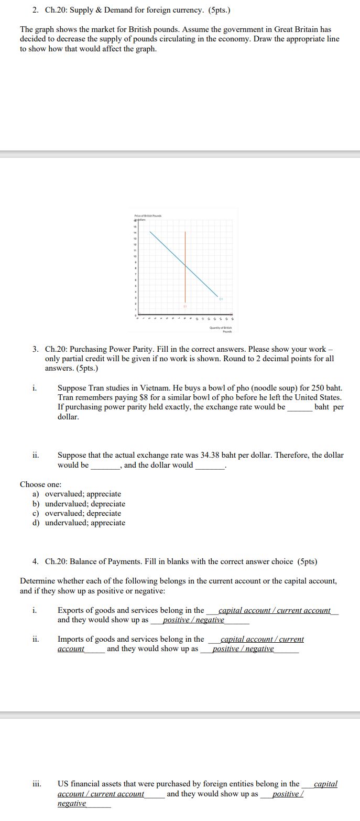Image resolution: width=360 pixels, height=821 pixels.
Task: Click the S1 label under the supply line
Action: (x=185, y=306)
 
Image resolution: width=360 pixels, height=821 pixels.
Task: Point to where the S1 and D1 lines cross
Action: (x=185, y=265)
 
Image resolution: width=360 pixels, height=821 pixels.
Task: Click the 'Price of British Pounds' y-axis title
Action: (x=148, y=216)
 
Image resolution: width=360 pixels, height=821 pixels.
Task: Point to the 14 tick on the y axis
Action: (x=135, y=232)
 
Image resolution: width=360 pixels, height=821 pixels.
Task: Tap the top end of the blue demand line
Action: (x=150, y=231)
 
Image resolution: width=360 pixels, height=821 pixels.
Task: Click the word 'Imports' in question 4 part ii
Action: (x=71, y=639)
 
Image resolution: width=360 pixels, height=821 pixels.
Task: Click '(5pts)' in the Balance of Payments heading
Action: (x=307, y=561)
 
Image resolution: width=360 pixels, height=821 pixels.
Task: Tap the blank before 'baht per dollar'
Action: (x=299, y=407)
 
